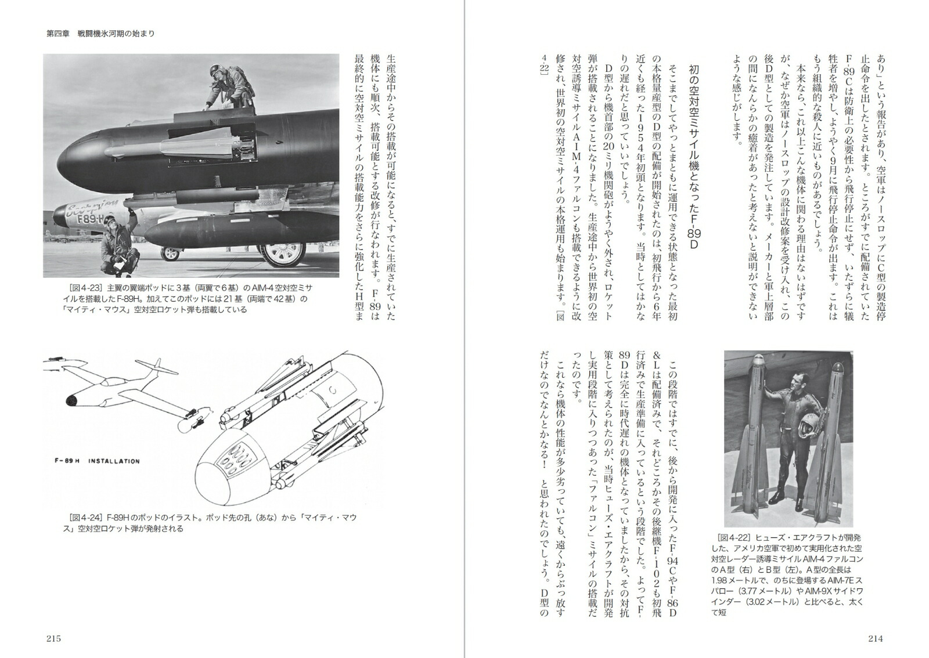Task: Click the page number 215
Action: tap(53, 639)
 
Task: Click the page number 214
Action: tap(875, 639)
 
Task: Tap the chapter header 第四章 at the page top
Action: tap(58, 34)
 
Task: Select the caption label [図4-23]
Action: tap(87, 288)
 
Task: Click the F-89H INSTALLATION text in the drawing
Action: tap(93, 461)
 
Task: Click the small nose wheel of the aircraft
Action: tap(170, 253)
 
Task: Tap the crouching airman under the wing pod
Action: tap(118, 244)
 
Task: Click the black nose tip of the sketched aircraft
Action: tap(73, 400)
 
